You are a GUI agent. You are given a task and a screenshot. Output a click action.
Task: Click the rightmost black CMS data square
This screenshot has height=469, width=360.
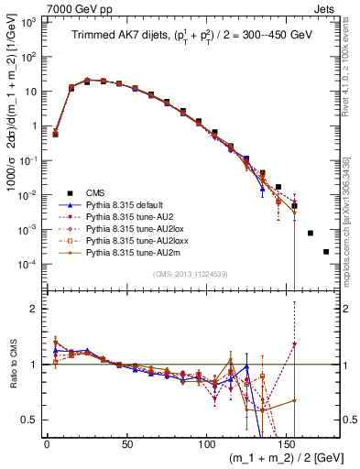pyautogui.click(x=326, y=252)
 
